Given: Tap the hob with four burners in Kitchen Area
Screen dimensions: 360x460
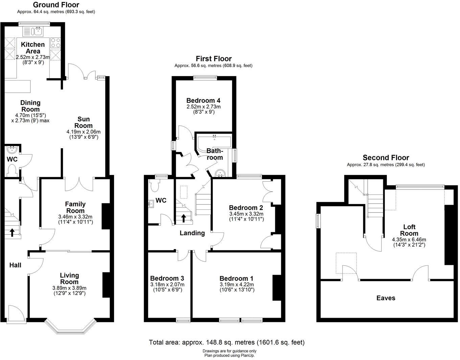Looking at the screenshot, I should (55, 43).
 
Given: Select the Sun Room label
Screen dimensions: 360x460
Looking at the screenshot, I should (84, 122).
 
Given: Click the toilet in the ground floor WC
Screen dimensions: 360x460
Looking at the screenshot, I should (13, 169).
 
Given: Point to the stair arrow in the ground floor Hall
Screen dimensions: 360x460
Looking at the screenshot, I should (12, 232).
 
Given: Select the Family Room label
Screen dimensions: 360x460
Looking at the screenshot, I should (75, 207).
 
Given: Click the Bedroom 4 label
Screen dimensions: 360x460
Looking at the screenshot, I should (203, 100).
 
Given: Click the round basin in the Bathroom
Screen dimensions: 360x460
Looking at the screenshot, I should (221, 174).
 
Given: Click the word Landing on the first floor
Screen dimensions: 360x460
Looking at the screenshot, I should (192, 233).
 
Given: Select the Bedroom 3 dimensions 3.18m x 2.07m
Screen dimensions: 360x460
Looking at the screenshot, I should (167, 285).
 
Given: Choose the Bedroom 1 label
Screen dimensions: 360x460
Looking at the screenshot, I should (236, 278).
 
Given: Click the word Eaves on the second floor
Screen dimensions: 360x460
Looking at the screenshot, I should (386, 298).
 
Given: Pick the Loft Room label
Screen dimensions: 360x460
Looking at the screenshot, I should (409, 230).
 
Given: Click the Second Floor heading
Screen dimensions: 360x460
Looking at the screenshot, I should (386, 158).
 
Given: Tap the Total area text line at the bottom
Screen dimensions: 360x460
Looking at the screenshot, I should (227, 342).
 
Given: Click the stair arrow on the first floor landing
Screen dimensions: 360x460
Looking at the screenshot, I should (184, 218).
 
